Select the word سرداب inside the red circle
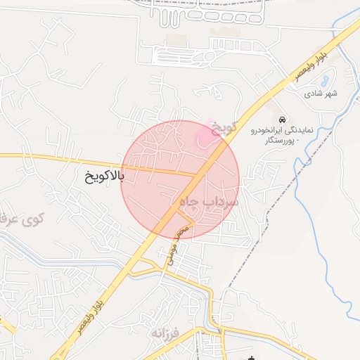[224, 202]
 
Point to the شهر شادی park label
[321, 94]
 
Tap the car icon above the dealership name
[282, 119]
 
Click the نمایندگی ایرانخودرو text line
[287, 131]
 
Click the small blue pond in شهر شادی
[324, 79]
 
